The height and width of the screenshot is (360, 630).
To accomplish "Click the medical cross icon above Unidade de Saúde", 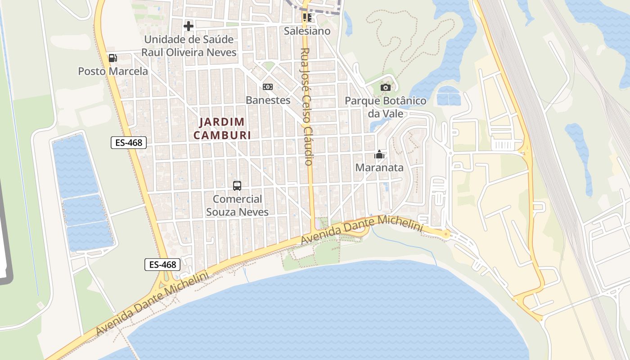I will (x=189, y=26).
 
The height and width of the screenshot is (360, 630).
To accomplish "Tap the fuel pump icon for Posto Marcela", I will (x=112, y=58).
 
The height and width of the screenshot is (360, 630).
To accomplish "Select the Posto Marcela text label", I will (x=113, y=71).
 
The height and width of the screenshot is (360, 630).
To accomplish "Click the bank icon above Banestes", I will (x=268, y=86).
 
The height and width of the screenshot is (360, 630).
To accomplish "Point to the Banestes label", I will (x=268, y=100).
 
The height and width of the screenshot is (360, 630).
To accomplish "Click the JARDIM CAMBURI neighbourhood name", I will (x=222, y=128).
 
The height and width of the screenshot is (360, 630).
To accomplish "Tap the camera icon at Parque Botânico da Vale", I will (x=385, y=87).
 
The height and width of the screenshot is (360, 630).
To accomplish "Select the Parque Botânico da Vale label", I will (x=385, y=107).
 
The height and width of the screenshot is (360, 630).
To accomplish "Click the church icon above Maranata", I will (x=379, y=155).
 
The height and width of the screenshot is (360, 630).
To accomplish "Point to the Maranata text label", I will (x=379, y=168).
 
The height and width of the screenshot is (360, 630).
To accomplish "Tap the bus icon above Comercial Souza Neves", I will (x=237, y=185).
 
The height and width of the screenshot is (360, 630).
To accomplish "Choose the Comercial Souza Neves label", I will (x=237, y=205).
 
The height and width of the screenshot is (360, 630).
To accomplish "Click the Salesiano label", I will (x=307, y=31).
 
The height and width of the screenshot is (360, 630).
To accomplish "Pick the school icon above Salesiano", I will (x=307, y=18).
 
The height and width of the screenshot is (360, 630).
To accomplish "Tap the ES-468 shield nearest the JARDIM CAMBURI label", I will (x=129, y=143).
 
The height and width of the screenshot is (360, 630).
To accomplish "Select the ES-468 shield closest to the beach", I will (x=162, y=265).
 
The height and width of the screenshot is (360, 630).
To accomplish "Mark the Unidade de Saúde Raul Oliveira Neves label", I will (x=189, y=46).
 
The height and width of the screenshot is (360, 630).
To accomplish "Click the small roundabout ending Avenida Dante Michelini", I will (x=445, y=234).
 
